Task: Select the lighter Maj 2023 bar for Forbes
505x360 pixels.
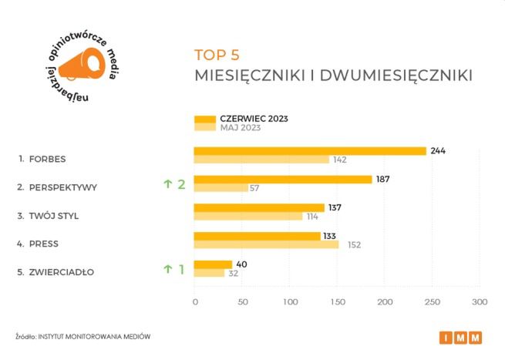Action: pyautogui.click(x=261, y=160)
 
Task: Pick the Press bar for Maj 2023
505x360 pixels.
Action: pyautogui.click(x=266, y=245)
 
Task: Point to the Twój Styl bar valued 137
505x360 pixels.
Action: pyautogui.click(x=259, y=207)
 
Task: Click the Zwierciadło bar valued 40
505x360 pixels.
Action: pyautogui.click(x=213, y=264)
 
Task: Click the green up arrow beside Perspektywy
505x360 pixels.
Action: pyautogui.click(x=167, y=183)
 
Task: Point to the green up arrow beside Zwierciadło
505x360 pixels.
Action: pyautogui.click(x=167, y=269)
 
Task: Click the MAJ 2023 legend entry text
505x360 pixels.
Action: pyautogui.click(x=241, y=128)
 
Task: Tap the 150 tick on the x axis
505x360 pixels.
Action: pyautogui.click(x=337, y=301)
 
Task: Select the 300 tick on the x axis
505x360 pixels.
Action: pyautogui.click(x=480, y=301)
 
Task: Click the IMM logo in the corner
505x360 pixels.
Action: pyautogui.click(x=461, y=337)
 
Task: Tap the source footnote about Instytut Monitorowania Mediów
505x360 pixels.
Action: pyautogui.click(x=82, y=337)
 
